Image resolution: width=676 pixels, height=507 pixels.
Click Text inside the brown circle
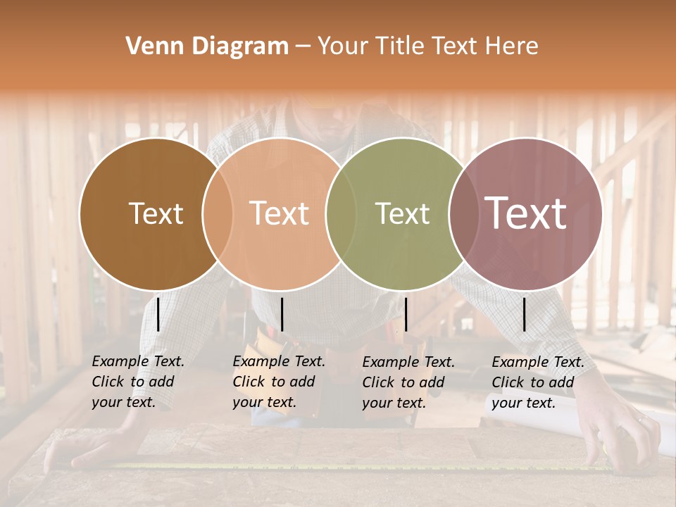point(156,213)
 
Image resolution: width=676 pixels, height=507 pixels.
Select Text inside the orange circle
point(279,213)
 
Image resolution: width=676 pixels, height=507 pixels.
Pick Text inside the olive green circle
point(402,213)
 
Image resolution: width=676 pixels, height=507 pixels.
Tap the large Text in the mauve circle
point(526,213)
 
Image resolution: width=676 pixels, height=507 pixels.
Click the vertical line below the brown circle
point(158,314)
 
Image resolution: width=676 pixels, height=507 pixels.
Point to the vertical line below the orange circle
point(282,314)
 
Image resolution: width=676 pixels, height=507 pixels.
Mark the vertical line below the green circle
point(406,314)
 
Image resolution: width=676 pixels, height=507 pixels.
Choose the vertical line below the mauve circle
point(524,314)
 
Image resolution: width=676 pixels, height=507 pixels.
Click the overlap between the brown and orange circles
point(218,213)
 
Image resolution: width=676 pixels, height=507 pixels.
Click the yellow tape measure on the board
point(352,465)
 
